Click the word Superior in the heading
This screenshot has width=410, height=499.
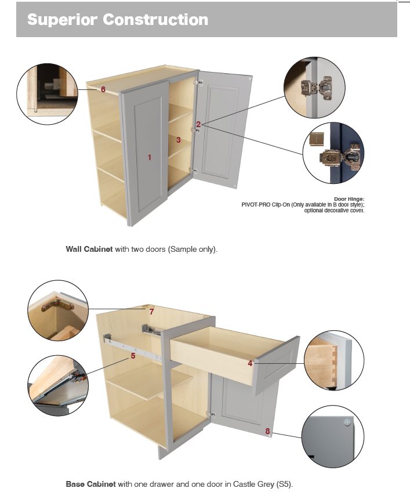click(63, 20)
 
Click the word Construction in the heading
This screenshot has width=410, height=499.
click(155, 20)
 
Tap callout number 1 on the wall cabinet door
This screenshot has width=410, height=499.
click(149, 157)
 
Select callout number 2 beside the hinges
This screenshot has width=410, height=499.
click(198, 124)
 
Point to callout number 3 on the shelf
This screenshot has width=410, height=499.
click(179, 140)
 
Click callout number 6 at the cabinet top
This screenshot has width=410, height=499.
click(103, 89)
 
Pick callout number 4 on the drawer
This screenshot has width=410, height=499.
click(250, 363)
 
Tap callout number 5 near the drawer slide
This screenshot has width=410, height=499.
click(133, 356)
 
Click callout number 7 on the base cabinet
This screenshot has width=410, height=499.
click(152, 312)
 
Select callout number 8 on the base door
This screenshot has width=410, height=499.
click(267, 431)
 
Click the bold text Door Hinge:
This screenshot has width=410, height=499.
click(349, 199)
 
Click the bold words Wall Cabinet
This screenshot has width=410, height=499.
click(89, 249)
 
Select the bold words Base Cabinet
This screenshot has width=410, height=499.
click(90, 484)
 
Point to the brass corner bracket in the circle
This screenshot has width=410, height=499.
click(57, 305)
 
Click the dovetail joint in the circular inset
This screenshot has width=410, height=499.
click(333, 366)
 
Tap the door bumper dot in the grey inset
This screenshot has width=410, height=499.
click(347, 422)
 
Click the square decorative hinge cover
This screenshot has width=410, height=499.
click(317, 139)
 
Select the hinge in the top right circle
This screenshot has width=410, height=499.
click(317, 87)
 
